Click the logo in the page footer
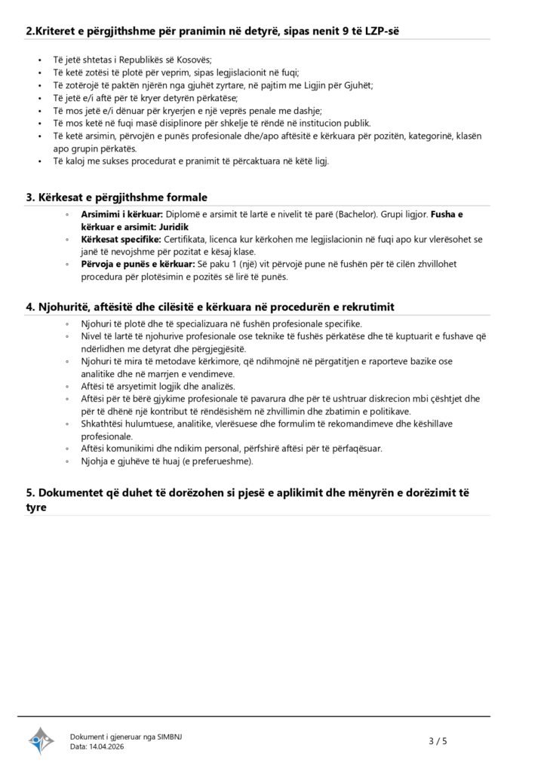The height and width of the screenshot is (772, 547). click(41, 740)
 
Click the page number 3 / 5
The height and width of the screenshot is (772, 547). click(438, 740)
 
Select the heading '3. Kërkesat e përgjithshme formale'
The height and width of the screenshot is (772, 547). click(117, 197)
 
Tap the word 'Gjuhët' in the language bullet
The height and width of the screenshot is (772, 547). click(356, 85)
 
